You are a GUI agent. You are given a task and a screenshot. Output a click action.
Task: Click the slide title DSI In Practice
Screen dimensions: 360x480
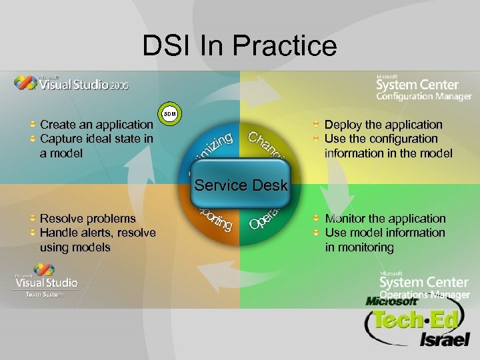point(239,46)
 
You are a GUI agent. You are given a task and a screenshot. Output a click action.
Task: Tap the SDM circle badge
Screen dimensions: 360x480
point(170,114)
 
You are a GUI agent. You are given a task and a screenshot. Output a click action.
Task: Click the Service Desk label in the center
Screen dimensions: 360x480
point(241,185)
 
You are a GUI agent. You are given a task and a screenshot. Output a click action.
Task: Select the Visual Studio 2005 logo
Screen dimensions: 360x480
point(72,83)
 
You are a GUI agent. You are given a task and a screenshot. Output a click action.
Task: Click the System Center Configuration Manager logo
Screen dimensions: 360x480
point(423,86)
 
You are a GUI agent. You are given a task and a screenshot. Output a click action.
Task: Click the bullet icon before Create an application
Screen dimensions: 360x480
point(33,125)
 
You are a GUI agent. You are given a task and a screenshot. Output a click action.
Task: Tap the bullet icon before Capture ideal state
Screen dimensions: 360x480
point(33,139)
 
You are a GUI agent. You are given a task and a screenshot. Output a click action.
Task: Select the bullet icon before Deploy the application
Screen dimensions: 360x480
point(317,125)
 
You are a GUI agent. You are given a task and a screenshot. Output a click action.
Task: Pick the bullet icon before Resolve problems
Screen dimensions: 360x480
point(33,219)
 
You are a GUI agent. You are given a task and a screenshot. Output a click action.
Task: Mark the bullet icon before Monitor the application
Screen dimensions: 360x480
point(317,219)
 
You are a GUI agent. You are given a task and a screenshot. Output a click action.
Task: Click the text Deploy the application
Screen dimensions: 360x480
point(383,125)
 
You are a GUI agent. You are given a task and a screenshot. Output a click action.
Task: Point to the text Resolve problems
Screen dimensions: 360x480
point(88,219)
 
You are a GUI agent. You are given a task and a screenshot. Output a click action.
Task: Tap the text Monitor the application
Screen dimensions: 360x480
point(385,219)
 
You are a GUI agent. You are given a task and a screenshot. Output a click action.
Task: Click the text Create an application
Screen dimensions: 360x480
point(97,125)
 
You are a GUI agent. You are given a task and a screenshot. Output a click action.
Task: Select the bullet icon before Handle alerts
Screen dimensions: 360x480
point(33,233)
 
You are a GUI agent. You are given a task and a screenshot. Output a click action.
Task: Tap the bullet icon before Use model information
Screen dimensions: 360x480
point(317,233)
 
